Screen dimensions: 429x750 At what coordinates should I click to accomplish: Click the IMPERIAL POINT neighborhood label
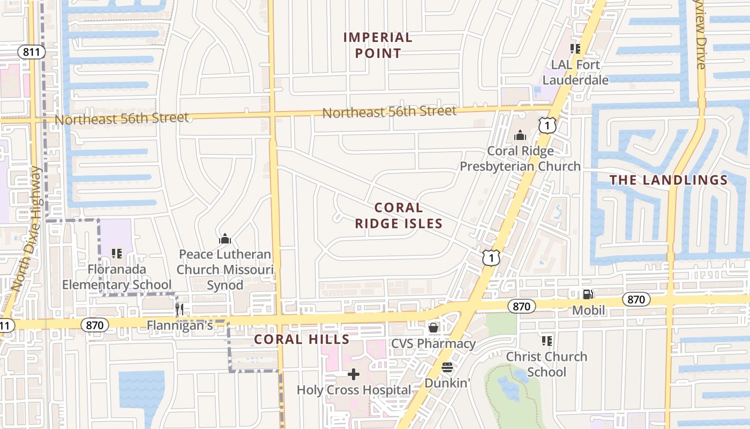tap(378, 45)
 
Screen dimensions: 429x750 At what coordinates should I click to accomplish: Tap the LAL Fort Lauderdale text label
tap(575, 72)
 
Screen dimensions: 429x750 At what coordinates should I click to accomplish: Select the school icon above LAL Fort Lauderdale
tap(575, 49)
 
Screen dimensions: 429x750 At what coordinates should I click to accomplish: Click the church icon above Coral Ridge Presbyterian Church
tap(520, 135)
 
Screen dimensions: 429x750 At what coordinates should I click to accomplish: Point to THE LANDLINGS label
tap(669, 180)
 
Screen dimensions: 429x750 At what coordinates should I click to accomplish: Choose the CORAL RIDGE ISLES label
tap(399, 216)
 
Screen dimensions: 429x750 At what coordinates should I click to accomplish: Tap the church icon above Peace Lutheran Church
tap(225, 238)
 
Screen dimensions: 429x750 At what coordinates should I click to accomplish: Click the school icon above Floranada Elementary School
tap(116, 253)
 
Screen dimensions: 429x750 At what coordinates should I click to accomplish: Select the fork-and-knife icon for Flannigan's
tap(179, 309)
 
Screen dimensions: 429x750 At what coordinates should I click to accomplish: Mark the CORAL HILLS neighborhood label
tap(302, 339)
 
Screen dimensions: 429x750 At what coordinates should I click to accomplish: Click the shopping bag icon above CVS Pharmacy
tap(433, 327)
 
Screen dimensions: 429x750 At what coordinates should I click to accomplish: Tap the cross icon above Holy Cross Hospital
tap(354, 374)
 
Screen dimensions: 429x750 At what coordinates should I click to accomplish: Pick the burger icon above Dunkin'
tap(447, 367)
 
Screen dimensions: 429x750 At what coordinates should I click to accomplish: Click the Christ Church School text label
tap(546, 364)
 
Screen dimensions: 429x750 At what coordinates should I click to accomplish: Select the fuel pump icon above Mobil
tap(588, 294)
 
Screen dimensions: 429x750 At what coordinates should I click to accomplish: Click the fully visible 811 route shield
tap(31, 52)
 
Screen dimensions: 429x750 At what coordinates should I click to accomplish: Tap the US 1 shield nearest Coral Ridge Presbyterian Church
tap(547, 126)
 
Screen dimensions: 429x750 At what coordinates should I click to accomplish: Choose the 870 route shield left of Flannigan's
tap(95, 325)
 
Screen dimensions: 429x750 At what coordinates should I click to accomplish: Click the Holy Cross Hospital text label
tap(354, 390)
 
